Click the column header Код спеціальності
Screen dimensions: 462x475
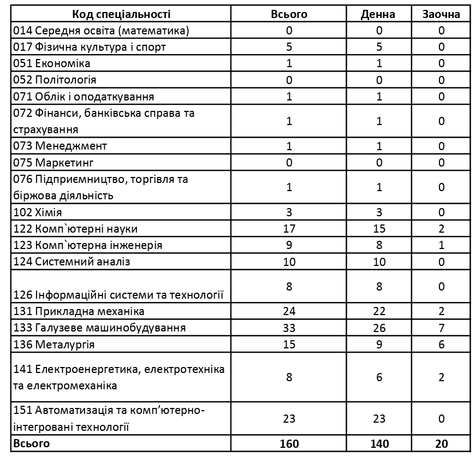pyautogui.click(x=121, y=14)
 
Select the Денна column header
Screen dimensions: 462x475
pyautogui.click(x=378, y=14)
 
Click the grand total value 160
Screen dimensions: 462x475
pyautogui.click(x=289, y=443)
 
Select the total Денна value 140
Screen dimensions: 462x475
pyautogui.click(x=378, y=443)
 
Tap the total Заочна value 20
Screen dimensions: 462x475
pyautogui.click(x=441, y=443)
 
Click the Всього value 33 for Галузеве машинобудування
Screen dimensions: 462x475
pyautogui.click(x=289, y=328)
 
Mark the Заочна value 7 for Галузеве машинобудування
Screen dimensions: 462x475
pyautogui.click(x=441, y=328)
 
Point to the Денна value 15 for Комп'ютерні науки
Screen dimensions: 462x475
pyautogui.click(x=378, y=229)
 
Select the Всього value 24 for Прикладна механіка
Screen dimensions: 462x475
pyautogui.click(x=289, y=311)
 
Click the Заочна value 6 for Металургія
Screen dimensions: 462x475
pyautogui.click(x=441, y=345)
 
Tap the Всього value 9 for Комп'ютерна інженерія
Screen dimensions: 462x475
pyautogui.click(x=289, y=245)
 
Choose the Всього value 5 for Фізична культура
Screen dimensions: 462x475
pyautogui.click(x=289, y=47)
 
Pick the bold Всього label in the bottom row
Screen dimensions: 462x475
pyautogui.click(x=31, y=443)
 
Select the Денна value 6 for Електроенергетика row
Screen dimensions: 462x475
pyautogui.click(x=378, y=377)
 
